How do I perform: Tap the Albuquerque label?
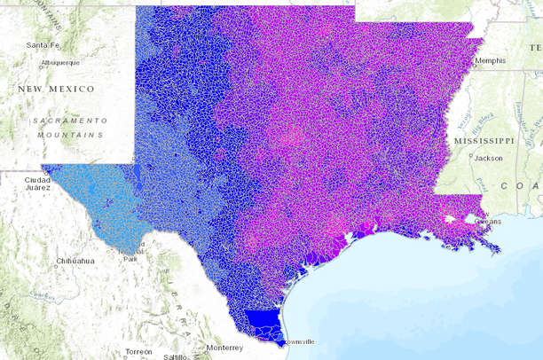pos(60,63)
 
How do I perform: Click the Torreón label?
pos(138,352)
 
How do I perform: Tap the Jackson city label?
pos(489,158)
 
